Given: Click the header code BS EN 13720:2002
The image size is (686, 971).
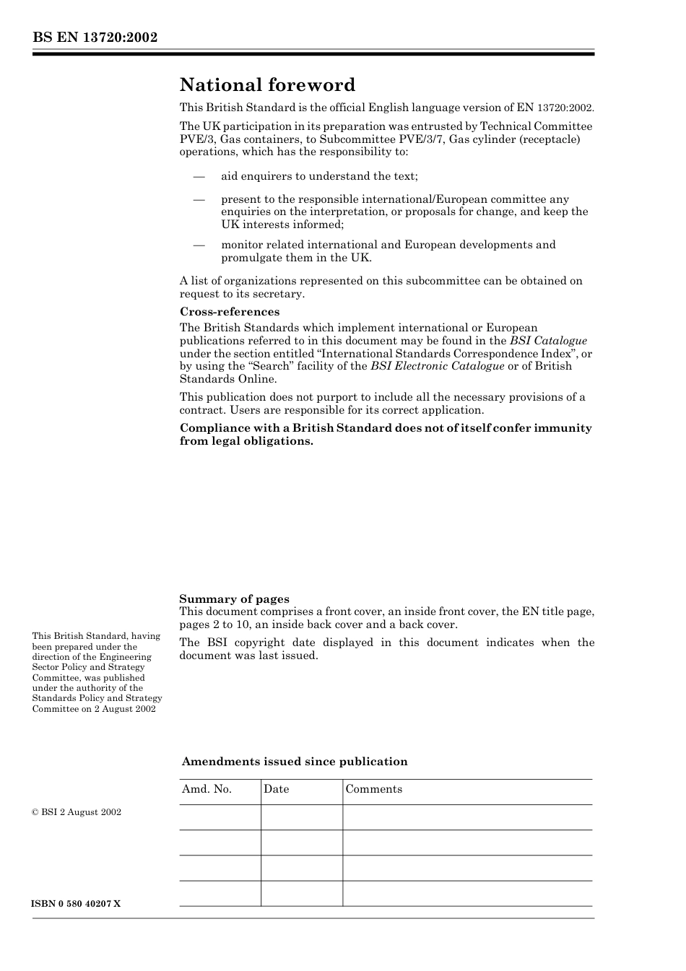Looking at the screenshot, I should tap(95, 38).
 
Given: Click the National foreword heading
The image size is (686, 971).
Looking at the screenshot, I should tap(267, 85).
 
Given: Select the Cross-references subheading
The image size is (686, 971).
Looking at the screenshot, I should tap(230, 312).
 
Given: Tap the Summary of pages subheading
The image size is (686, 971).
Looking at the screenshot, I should tap(234, 598).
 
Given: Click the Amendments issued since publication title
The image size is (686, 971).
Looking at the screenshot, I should tap(295, 762).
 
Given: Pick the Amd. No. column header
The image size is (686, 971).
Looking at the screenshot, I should tap(207, 789).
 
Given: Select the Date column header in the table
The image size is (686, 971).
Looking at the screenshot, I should tap(276, 789).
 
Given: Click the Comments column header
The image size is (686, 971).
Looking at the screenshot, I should tap(373, 789).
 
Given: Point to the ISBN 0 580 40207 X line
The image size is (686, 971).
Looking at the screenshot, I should tap(77, 904).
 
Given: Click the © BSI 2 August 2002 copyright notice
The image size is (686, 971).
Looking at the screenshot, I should tap(77, 812).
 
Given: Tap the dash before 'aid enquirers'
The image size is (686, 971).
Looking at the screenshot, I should tap(199, 176).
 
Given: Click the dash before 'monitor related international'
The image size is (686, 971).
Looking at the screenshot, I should tap(199, 245).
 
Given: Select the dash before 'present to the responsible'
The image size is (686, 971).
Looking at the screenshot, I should tap(199, 199).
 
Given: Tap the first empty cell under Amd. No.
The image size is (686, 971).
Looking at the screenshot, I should tap(220, 817).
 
